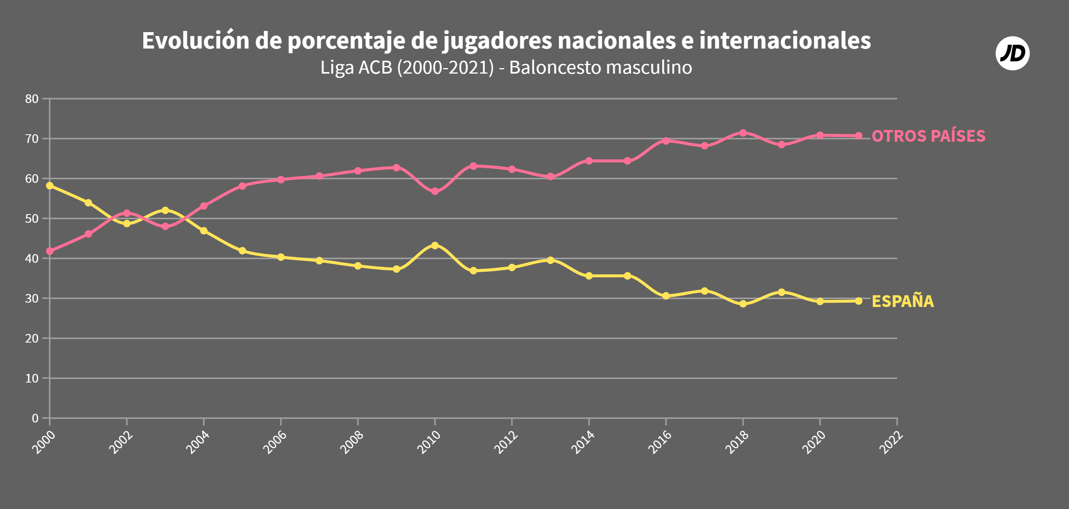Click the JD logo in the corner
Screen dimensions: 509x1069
(1012, 53)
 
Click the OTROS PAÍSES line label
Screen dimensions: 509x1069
(928, 136)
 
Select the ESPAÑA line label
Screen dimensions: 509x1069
(903, 301)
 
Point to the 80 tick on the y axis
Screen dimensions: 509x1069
(32, 99)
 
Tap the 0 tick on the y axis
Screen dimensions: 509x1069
(35, 418)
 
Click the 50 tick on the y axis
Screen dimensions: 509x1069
(32, 218)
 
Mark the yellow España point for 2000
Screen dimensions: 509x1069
(50, 186)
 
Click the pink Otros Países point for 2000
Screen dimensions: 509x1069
(50, 251)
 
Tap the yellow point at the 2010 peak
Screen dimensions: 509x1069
(435, 245)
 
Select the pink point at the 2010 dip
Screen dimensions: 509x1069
(435, 191)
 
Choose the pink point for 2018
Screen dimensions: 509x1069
(743, 133)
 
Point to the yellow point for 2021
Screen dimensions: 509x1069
(858, 301)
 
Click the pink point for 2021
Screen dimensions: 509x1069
(858, 136)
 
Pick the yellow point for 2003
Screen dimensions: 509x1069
(165, 211)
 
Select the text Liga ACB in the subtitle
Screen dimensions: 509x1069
(356, 68)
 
